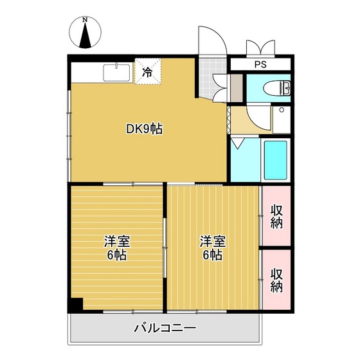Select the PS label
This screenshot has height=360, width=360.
click(260, 64)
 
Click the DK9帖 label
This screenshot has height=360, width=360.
click(143, 129)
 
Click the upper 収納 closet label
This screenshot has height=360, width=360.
click(276, 216)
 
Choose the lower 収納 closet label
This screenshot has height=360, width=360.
click(276, 280)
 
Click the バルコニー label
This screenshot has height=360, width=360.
click(165, 328)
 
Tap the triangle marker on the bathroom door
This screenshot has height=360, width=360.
click(237, 143)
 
